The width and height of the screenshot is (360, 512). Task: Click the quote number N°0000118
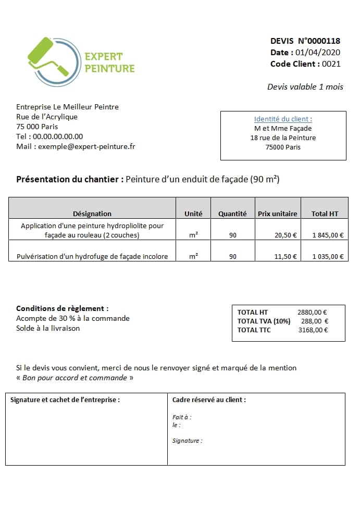coord(319,41)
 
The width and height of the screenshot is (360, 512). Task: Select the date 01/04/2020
coord(317,52)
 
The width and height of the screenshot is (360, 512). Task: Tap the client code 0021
coord(331,64)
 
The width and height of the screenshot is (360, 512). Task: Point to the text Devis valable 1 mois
coord(305,86)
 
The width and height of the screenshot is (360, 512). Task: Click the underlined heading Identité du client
coord(283,119)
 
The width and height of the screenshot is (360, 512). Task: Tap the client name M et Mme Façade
coord(283,128)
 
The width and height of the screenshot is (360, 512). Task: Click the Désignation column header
coord(92,214)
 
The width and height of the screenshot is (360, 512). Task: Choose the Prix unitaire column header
coord(277,214)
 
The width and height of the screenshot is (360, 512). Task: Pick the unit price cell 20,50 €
coord(285,235)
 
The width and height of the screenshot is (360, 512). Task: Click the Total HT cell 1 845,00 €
coord(328,235)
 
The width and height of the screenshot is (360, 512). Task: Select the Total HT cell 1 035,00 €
coord(328,256)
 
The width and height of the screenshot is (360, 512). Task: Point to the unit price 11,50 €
coord(285,256)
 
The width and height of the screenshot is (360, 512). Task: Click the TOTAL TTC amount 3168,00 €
coord(313,330)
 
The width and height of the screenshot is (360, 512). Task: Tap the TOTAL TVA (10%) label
coord(264,321)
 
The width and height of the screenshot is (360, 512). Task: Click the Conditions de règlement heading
coord(63,308)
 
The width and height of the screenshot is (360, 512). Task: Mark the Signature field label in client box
coord(187,441)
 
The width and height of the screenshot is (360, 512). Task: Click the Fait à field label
coord(182,417)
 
